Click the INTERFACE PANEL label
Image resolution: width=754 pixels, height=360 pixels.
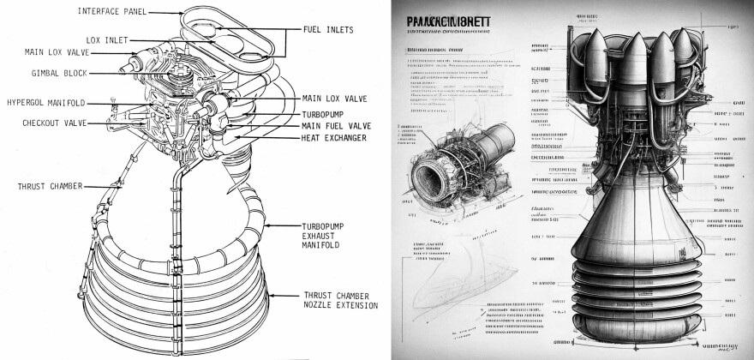[x=112, y=11]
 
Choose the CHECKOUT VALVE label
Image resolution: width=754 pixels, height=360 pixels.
[x=56, y=123]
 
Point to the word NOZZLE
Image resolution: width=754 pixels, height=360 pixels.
[x=322, y=305]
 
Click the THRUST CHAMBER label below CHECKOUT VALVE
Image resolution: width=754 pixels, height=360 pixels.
[x=50, y=186]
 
